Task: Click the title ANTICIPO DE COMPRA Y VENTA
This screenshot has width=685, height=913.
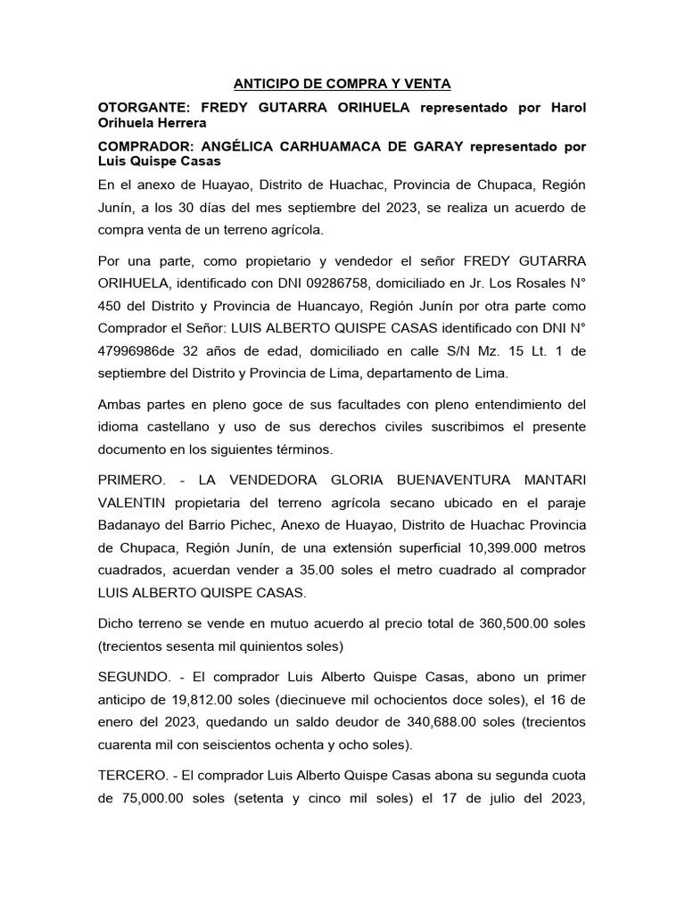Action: click(342, 84)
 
